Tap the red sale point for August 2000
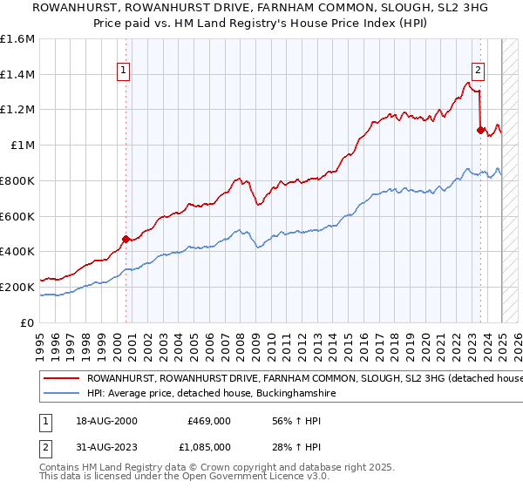pyautogui.click(x=126, y=238)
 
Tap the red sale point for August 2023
pyautogui.click(x=480, y=129)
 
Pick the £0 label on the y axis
pyautogui.click(x=27, y=322)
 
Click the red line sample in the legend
pyautogui.click(x=61, y=379)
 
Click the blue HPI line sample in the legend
pyautogui.click(x=61, y=394)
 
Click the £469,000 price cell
pyautogui.click(x=209, y=420)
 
